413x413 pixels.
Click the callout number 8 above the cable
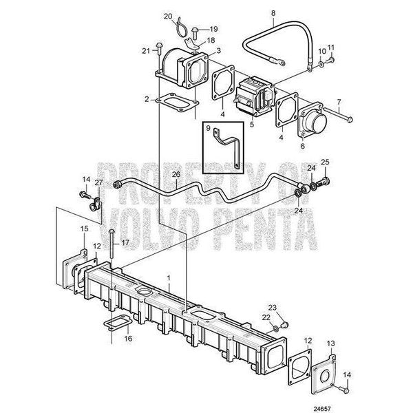pyautogui.click(x=273, y=13)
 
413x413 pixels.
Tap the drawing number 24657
pyautogui.click(x=321, y=409)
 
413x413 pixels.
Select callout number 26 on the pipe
pyautogui.click(x=176, y=174)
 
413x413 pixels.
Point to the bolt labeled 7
pyautogui.click(x=338, y=114)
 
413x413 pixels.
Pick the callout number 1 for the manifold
pyautogui.click(x=169, y=278)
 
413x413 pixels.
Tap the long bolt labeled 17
pyautogui.click(x=112, y=244)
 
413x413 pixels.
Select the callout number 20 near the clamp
pyautogui.click(x=168, y=17)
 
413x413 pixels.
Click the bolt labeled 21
pyautogui.click(x=160, y=52)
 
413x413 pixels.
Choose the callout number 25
pyautogui.click(x=325, y=162)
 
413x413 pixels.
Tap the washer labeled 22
pyautogui.click(x=275, y=328)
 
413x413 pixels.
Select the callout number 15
pyautogui.click(x=84, y=229)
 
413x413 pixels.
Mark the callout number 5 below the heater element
pyautogui.click(x=252, y=124)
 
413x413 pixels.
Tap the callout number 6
pyautogui.click(x=302, y=146)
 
